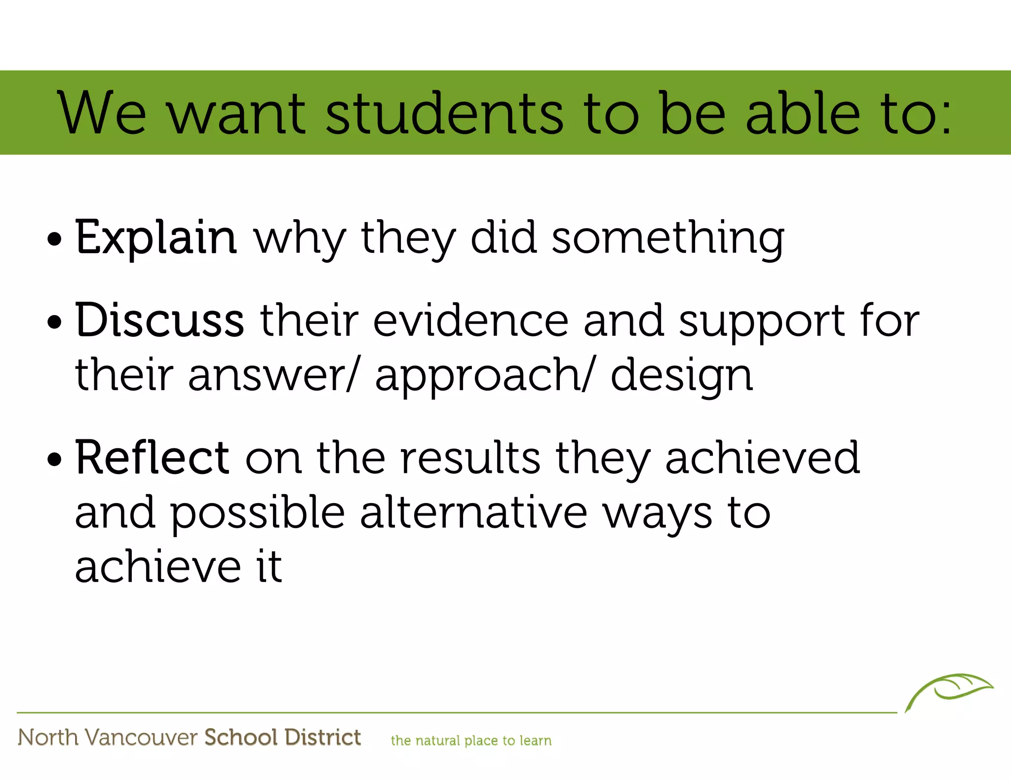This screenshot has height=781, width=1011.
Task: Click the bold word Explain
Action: [x=156, y=238]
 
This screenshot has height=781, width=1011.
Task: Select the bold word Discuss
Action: [x=159, y=320]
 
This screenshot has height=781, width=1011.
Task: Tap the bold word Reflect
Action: [x=152, y=458]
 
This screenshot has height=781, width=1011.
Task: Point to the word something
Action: [x=667, y=239]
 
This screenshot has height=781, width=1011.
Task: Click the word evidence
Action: [x=471, y=321]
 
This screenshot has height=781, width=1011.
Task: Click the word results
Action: [x=470, y=459]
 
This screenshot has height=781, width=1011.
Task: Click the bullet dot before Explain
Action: [x=54, y=240]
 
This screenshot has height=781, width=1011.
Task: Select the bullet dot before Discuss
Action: [x=54, y=323]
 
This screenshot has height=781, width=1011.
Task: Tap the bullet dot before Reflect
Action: [x=54, y=460]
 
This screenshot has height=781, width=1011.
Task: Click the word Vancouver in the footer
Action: [x=141, y=738]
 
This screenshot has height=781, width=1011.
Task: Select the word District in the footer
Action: [x=323, y=737]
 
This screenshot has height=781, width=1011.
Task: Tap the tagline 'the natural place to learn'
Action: [x=471, y=741]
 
